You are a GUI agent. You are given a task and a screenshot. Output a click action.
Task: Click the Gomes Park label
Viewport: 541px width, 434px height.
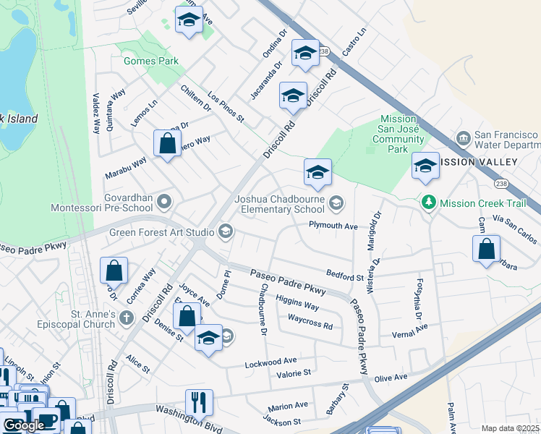(x=150, y=61)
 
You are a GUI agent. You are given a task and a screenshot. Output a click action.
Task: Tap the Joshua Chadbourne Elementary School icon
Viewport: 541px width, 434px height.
(x=336, y=203)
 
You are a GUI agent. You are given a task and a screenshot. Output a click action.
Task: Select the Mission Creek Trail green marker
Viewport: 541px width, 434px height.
(x=430, y=204)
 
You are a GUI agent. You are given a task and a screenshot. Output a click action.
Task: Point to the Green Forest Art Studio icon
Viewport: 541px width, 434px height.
(x=226, y=231)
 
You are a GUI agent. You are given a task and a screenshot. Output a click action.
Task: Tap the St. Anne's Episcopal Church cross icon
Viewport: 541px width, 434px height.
(x=127, y=318)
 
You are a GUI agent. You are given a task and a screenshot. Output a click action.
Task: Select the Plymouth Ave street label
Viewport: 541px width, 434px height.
(x=333, y=226)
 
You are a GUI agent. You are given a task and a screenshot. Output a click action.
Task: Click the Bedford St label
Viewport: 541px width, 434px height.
(x=344, y=276)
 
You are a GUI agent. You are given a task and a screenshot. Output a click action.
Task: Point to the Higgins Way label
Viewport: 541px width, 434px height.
(x=297, y=305)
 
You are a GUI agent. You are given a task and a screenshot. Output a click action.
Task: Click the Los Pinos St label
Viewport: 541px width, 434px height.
(x=226, y=107)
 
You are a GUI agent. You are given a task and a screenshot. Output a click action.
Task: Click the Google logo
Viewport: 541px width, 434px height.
(x=24, y=425)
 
